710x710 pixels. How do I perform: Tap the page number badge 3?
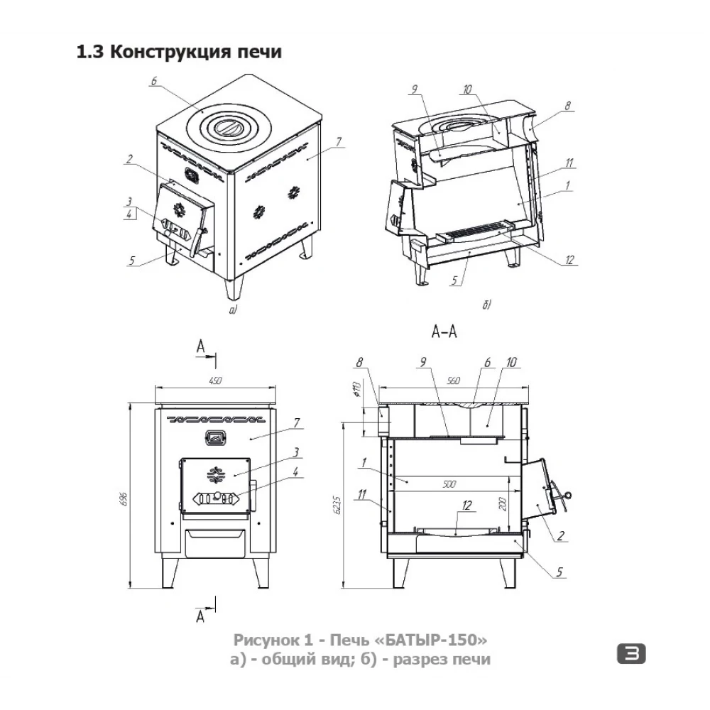pos(631,654)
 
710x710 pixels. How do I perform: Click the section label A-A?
pos(444,332)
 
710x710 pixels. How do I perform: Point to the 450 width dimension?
pos(216,381)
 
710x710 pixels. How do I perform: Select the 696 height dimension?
pos(124,498)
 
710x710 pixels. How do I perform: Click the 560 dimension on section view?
pos(453,381)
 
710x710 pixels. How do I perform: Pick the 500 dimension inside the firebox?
pos(449,484)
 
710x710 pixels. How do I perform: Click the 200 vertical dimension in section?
pos(502,503)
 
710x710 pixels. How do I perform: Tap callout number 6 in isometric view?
pos(154,81)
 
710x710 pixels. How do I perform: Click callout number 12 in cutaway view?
pos(569,259)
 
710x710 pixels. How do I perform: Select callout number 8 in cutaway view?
pos(568,106)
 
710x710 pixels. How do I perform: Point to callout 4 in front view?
pos(295,472)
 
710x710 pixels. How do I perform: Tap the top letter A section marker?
pos(201,347)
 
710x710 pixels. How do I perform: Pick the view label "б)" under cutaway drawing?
pos(486,305)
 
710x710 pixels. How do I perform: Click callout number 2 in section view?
pos(561,535)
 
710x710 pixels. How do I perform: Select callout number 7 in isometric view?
pos(339,142)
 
